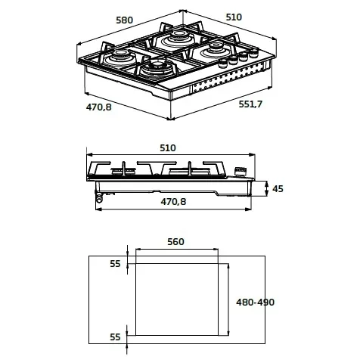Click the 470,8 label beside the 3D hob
click(x=98, y=107)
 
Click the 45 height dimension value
click(x=278, y=188)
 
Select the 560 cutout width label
click(x=175, y=243)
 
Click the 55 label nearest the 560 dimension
click(x=115, y=263)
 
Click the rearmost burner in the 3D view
click(x=180, y=35)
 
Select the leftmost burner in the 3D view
click(x=119, y=54)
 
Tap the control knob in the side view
click(x=241, y=169)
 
